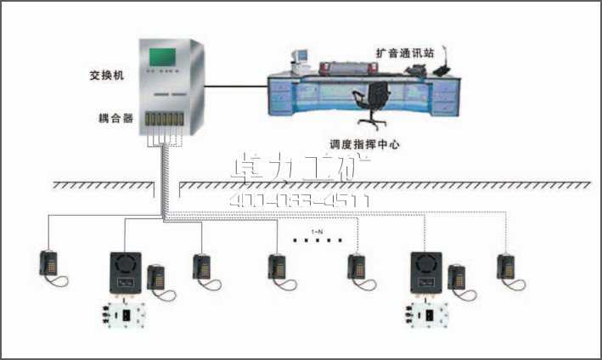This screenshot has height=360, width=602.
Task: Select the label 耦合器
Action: coord(115,119)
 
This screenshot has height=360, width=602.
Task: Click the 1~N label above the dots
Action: coord(316,231)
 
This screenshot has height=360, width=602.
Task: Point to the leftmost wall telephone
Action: coord(48,264)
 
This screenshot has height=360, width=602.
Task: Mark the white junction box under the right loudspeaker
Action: coord(425,315)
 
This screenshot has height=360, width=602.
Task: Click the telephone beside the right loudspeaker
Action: coord(458,279)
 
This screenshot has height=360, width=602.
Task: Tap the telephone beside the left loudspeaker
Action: coord(156,280)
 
